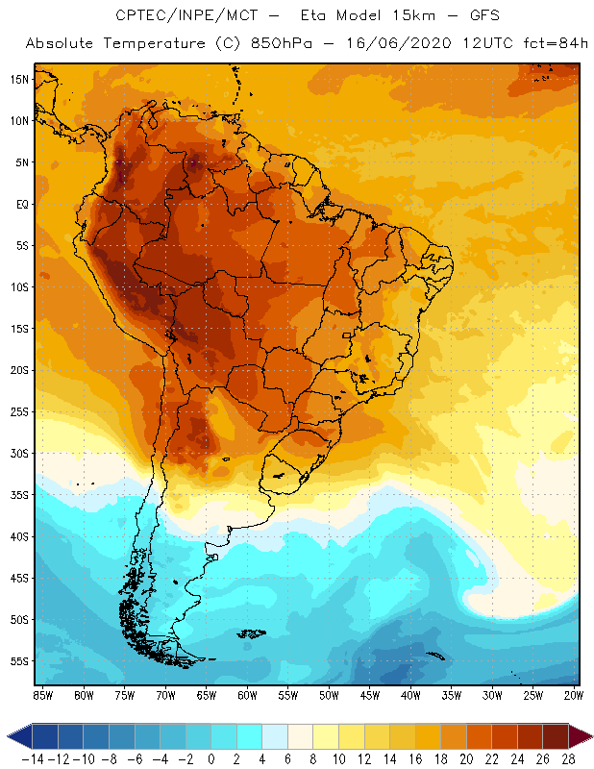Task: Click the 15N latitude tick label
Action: tap(18, 79)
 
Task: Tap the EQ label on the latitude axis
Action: tap(20, 204)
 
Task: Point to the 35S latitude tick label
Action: tap(18, 495)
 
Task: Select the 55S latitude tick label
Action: tap(18, 661)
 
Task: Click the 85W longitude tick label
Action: tap(42, 695)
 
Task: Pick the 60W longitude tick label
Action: tap(248, 695)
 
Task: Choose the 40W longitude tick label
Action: tap(411, 695)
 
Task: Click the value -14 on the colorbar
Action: tap(33, 758)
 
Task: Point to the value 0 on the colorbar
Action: tap(211, 758)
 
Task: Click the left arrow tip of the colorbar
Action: tap(9, 736)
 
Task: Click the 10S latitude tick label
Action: tap(18, 287)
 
